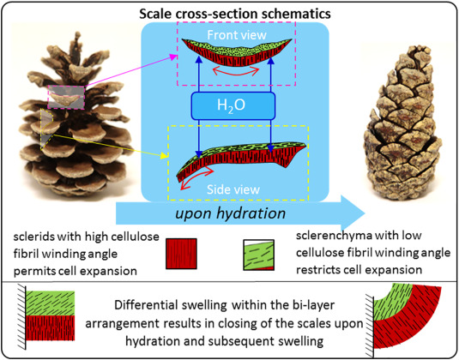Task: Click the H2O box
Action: coord(233,106)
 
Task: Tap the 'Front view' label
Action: coord(237,35)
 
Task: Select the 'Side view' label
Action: coord(233,189)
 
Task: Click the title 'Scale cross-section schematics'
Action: coord(235,14)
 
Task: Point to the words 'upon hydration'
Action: coord(231,213)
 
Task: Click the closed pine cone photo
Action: coord(403,123)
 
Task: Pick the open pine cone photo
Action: coord(74,115)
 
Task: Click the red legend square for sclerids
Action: coord(181,254)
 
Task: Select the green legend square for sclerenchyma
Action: coord(259,255)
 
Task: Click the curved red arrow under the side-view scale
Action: coord(196,177)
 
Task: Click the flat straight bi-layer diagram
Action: coord(50,315)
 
